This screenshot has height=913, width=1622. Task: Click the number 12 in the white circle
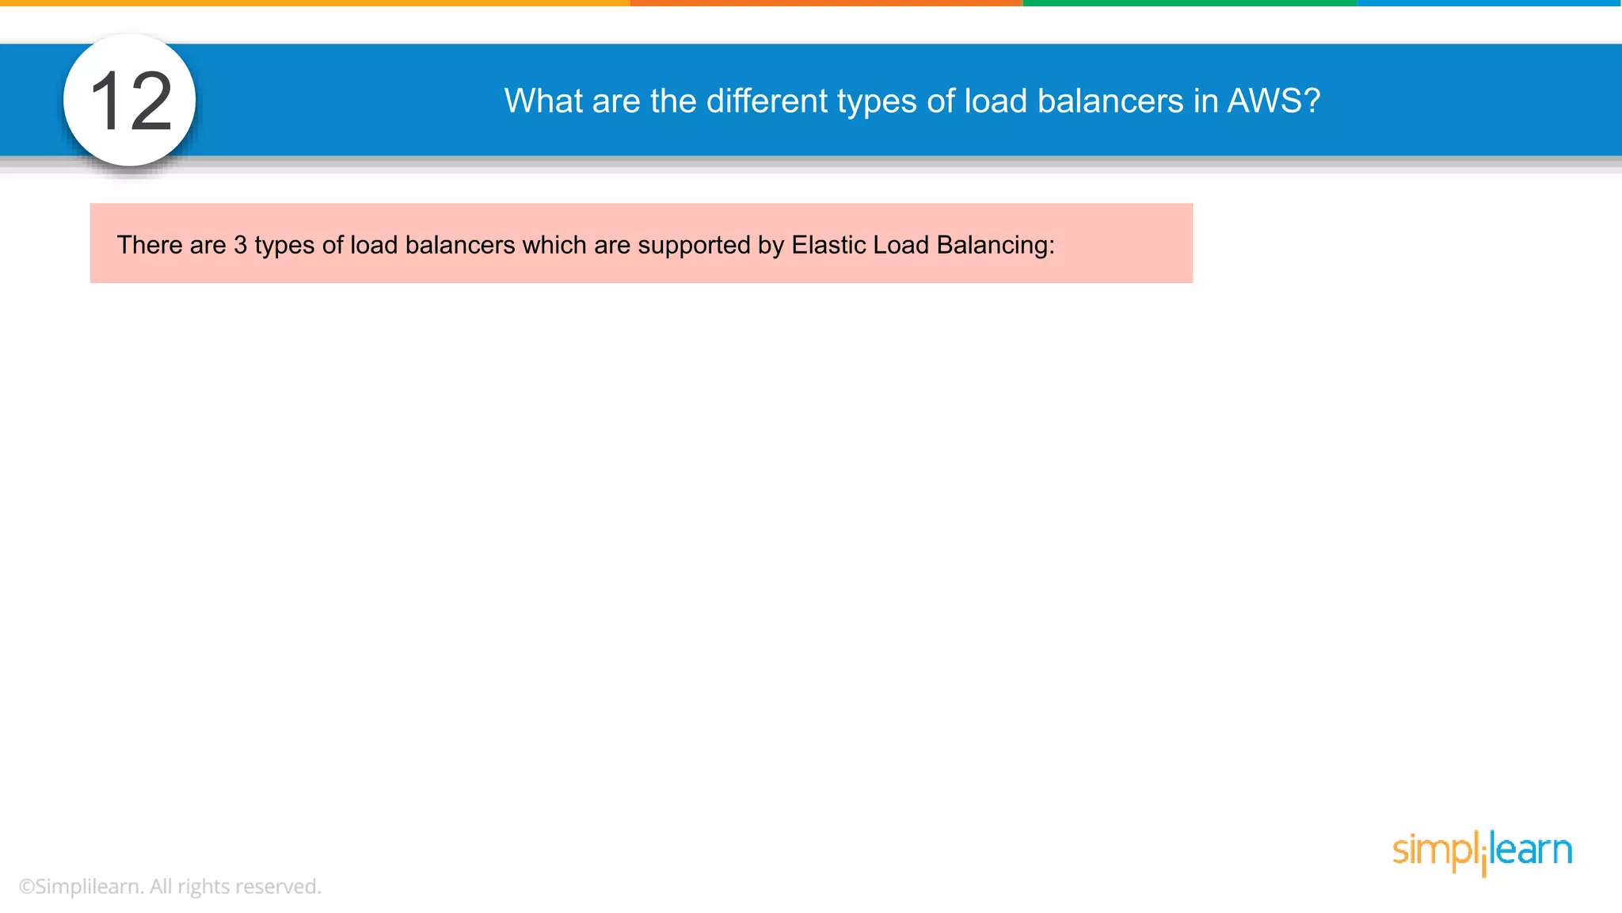click(131, 101)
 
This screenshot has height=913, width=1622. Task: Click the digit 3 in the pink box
click(241, 245)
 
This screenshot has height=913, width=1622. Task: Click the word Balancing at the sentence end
click(995, 246)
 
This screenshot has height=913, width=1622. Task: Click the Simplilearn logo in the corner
click(1482, 852)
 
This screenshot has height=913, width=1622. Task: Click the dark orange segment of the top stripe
click(826, 3)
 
